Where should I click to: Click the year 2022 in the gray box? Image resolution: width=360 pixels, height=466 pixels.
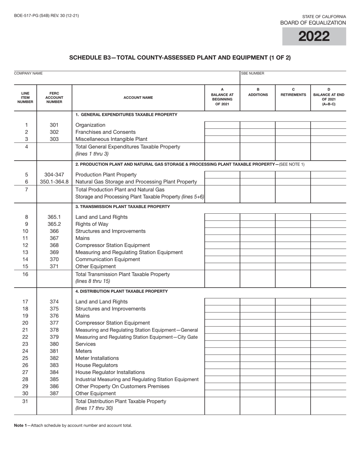pyautogui.click(x=314, y=36)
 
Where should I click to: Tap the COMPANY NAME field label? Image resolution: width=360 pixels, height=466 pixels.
pyautogui.click(x=28, y=73)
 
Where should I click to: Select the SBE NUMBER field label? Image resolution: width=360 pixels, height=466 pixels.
pyautogui.click(x=253, y=73)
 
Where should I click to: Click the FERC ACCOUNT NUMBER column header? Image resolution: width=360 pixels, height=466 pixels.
pyautogui.click(x=54, y=97)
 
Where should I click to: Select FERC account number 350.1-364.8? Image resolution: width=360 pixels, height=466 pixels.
pyautogui.click(x=54, y=182)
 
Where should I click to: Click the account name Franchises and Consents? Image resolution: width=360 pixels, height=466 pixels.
pyautogui.click(x=105, y=132)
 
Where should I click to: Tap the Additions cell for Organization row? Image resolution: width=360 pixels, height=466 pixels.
pyautogui.click(x=258, y=125)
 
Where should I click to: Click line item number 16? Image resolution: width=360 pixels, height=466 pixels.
pyautogui.click(x=25, y=274)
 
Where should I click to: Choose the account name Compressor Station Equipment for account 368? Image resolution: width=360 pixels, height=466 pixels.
pyautogui.click(x=113, y=245)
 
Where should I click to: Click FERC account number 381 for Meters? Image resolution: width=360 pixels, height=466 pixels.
pyautogui.click(x=54, y=351)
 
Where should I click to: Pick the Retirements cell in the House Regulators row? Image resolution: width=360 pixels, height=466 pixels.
pyautogui.click(x=293, y=365)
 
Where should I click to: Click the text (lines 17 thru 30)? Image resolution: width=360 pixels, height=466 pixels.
pyautogui.click(x=94, y=408)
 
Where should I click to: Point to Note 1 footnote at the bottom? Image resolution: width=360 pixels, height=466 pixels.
pyautogui.click(x=73, y=425)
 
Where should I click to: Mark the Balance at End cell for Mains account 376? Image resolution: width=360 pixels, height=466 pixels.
pyautogui.click(x=328, y=316)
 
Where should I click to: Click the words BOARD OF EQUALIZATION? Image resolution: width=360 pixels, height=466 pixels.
pyautogui.click(x=313, y=23)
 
